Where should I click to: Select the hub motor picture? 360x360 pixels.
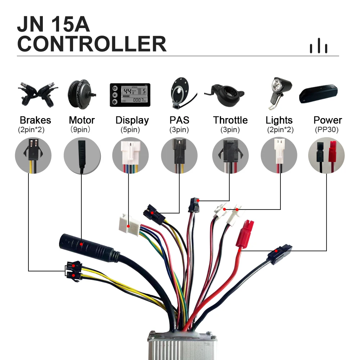pos(81,93)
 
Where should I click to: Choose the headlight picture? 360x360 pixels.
pos(279,93)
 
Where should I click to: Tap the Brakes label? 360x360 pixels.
pos(35,120)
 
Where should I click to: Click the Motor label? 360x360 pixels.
pos(82,120)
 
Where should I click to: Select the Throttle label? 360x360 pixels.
pos(230,120)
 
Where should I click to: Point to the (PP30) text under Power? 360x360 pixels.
pos(327,130)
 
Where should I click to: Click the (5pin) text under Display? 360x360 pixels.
pos(132,130)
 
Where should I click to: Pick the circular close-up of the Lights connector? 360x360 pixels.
pos(279,156)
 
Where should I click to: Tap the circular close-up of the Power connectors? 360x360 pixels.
pos(327,156)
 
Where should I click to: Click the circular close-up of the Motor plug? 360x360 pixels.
pos(82,156)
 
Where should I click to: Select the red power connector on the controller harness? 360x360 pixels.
pos(246,234)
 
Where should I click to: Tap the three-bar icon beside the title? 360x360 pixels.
pos(319,46)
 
